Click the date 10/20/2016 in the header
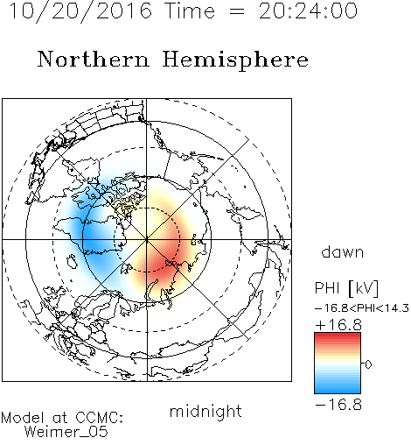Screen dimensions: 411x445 tap(81, 11)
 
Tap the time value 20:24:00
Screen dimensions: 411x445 tap(308, 11)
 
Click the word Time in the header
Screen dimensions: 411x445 tap(190, 11)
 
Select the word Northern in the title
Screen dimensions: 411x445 tap(94, 59)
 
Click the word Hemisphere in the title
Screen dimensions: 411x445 tap(235, 60)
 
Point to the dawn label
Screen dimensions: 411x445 tap(343, 251)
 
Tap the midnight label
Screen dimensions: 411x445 tap(205, 412)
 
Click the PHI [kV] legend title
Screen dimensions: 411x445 tap(347, 288)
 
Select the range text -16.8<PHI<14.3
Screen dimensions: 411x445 tap(362, 308)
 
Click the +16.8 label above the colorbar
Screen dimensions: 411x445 tap(338, 325)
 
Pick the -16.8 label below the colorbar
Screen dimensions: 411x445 tap(338, 405)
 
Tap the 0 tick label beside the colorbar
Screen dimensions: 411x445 tap(368, 364)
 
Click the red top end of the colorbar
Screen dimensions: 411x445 tap(338, 336)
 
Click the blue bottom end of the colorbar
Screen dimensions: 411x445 tap(338, 390)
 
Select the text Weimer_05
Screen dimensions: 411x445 tap(66, 432)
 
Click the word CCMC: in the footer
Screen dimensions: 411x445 tap(100, 418)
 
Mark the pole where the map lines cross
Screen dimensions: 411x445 tap(147, 239)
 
